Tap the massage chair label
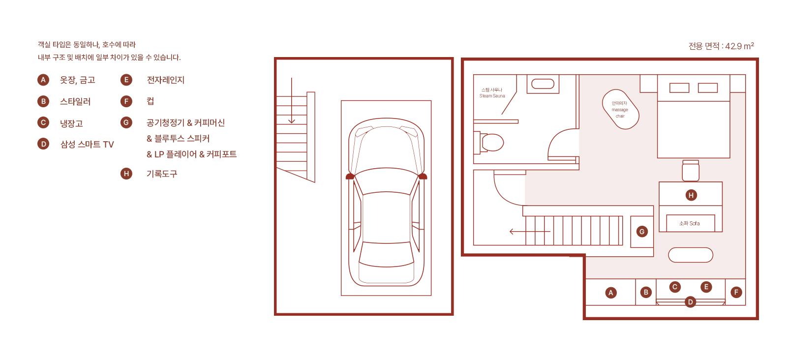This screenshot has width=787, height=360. coord(620,110)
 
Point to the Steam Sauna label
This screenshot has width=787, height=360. coord(492,93)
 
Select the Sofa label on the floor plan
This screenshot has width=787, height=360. coord(689,223)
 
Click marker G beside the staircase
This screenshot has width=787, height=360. coord(642,232)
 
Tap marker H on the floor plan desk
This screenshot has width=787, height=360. coord(691,195)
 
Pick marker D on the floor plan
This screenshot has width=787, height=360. coord(690,301)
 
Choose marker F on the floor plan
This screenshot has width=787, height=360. coord(736,292)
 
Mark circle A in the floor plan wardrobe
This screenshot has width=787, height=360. coord(611,293)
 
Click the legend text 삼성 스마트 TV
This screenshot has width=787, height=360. coord(87,145)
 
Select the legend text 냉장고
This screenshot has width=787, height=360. coord(71,123)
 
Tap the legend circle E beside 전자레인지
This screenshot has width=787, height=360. coord(126,80)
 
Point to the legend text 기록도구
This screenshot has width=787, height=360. coord(162,174)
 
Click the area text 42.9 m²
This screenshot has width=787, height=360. coord(740,46)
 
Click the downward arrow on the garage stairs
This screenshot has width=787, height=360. coord(291,100)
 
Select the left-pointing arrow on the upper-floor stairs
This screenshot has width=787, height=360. coord(530,232)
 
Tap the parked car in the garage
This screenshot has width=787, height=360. coord(386,202)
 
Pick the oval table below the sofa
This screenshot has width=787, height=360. coord(691,255)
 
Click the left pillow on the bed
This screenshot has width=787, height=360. coord(679,88)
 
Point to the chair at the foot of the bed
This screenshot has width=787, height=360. coord(691,171)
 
